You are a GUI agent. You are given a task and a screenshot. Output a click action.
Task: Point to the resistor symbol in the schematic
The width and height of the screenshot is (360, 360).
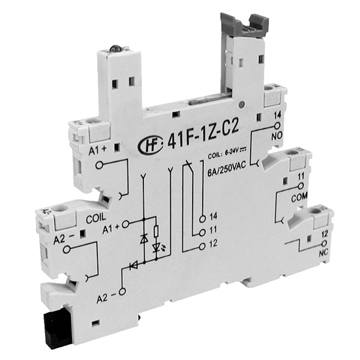pyautogui.click(x=157, y=232)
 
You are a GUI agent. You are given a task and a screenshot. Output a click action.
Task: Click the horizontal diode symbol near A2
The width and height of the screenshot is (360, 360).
pyautogui.click(x=134, y=263)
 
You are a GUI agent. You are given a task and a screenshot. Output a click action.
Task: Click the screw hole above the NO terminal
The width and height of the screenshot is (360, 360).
pyautogui.click(x=273, y=92)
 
